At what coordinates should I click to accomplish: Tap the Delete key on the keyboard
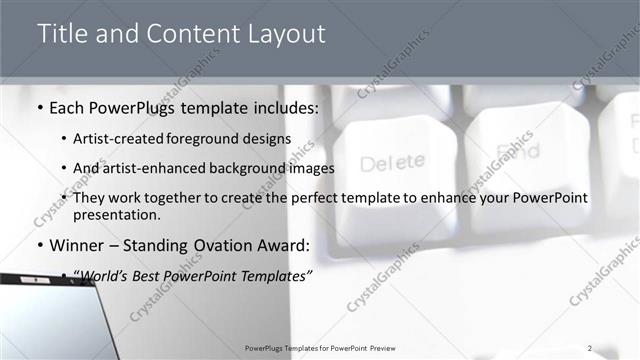tap(393, 162)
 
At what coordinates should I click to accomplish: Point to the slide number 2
tap(590, 348)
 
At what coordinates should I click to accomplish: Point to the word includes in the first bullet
tap(285, 108)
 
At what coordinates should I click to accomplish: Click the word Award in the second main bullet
tap(281, 245)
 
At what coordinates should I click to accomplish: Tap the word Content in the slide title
tap(188, 33)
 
